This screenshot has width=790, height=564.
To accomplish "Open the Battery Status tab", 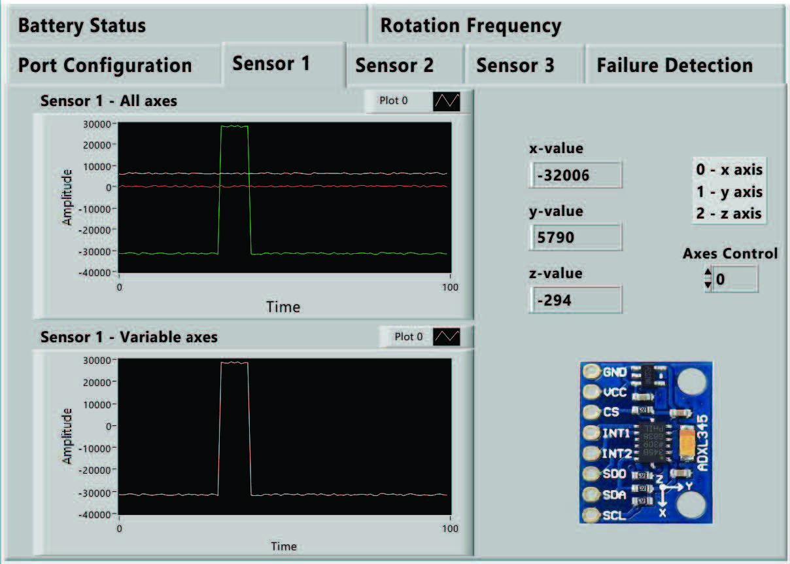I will (x=82, y=26).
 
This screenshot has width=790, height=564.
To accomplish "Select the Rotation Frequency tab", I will (x=470, y=26).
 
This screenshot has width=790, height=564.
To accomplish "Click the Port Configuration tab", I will (x=105, y=65).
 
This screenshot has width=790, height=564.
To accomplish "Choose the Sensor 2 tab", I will (x=394, y=65).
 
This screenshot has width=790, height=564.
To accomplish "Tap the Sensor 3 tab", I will (x=515, y=65).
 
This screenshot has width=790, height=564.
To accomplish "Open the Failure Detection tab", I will (x=674, y=65).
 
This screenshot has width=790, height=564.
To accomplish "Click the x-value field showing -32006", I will (x=575, y=175).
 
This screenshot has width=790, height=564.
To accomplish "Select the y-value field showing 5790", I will (x=575, y=237).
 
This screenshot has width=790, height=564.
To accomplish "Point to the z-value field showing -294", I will (x=575, y=300).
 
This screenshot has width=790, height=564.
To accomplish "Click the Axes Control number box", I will (x=735, y=279).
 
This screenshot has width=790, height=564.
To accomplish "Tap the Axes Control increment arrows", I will (x=707, y=279).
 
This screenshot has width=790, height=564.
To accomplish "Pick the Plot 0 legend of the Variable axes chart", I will (x=427, y=337).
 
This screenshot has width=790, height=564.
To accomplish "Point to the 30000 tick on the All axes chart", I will (x=98, y=123).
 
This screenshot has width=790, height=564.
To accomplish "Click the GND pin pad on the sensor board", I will (x=591, y=372).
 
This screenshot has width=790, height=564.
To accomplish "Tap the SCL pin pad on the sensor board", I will (x=591, y=516).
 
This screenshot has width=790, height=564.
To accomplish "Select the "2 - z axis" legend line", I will (x=729, y=213).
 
